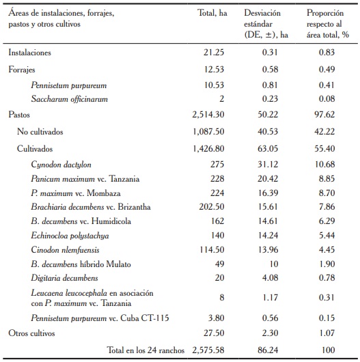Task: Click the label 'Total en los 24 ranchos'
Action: click(x=146, y=350)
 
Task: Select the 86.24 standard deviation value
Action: click(x=262, y=350)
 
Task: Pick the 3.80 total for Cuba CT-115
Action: click(x=217, y=317)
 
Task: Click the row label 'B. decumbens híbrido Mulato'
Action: click(x=80, y=264)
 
